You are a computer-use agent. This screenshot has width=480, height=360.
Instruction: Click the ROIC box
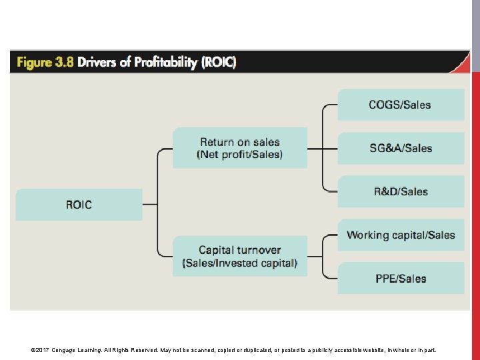point(79,205)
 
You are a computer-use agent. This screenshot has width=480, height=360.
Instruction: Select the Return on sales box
point(240,148)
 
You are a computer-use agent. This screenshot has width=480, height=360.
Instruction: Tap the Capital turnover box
point(240,257)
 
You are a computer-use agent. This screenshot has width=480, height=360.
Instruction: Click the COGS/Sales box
point(400,105)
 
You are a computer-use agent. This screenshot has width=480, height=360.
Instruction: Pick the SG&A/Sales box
point(400,148)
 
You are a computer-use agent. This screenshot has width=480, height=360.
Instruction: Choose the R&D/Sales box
point(400,191)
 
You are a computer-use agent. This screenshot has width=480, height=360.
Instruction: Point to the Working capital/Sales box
point(400,235)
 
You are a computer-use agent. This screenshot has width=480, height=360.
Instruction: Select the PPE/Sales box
point(400,279)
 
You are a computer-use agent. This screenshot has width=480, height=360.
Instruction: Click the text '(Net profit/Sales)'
point(240,155)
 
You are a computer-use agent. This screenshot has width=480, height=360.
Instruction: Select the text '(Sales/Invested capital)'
point(240,263)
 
